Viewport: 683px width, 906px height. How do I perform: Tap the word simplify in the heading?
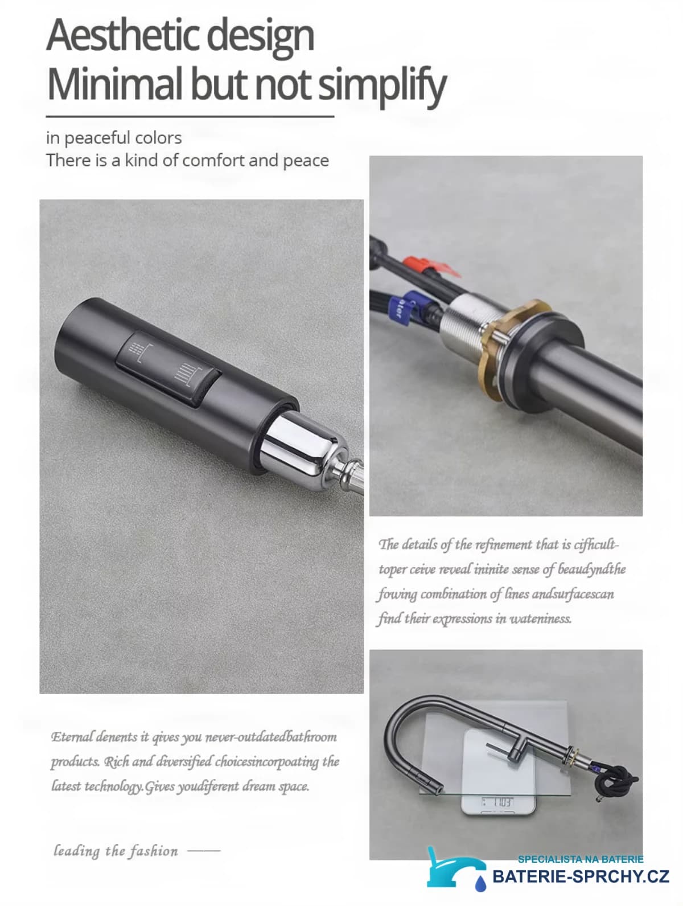(x=382, y=85)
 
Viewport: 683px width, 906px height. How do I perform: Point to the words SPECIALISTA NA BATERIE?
(x=581, y=859)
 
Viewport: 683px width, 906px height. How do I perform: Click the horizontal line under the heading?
(x=190, y=117)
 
